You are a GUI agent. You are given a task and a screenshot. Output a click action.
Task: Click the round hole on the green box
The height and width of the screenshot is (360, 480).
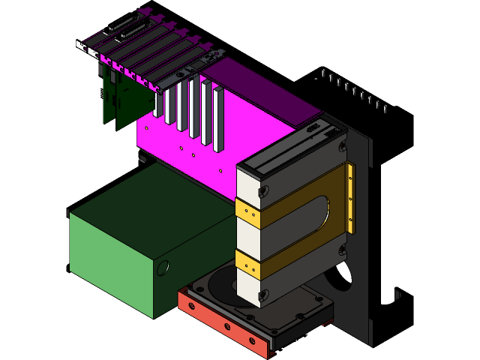(163, 267)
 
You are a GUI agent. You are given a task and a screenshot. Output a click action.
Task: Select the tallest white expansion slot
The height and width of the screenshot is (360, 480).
(218, 120)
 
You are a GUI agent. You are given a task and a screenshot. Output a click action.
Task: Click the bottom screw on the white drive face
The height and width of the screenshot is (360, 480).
(262, 295)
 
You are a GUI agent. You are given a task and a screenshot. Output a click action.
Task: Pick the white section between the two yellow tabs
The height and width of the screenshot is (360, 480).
(247, 238)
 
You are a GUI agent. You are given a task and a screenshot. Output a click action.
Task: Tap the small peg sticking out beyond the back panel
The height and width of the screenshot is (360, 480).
(397, 295)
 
